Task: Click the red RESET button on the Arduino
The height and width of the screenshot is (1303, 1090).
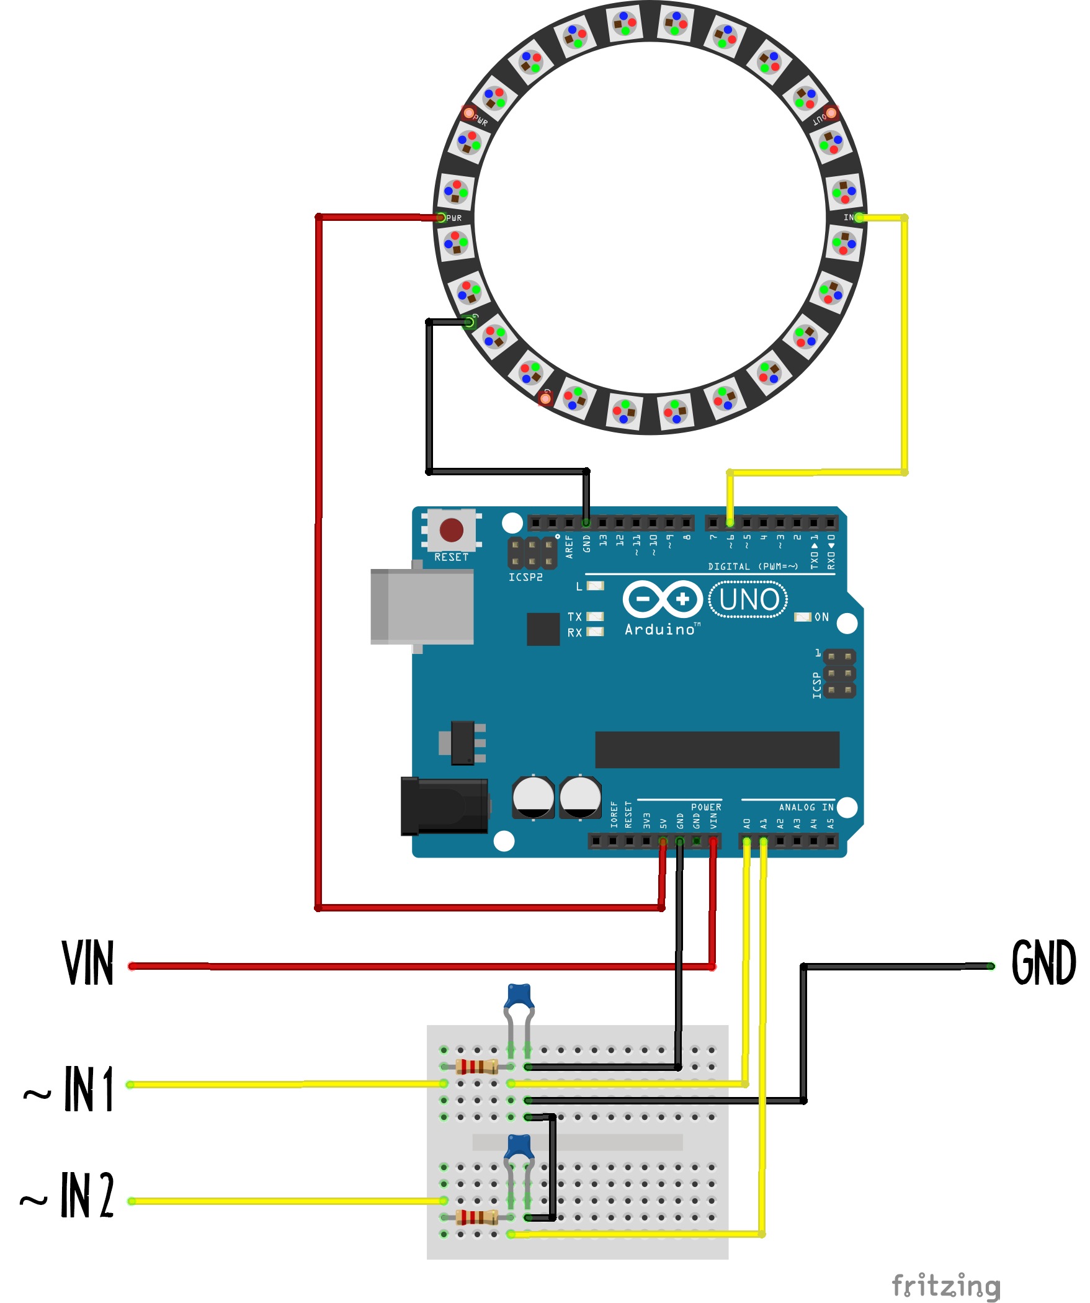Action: pos(451,531)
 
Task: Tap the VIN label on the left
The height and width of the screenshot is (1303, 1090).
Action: pos(88,963)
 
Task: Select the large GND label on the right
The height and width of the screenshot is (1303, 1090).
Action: pos(1043,963)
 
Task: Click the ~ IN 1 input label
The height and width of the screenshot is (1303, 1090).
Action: pos(69,1090)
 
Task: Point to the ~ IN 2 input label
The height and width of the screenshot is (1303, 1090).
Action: pos(68,1196)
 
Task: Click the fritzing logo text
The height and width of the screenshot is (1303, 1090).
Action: pos(945,1286)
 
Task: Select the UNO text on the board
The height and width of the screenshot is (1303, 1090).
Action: pos(749,600)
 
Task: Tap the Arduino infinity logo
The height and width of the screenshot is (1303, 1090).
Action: pos(663,599)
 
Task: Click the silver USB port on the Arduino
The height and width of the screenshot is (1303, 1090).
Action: pos(422,607)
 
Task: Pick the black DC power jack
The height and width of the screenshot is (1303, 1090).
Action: pos(444,806)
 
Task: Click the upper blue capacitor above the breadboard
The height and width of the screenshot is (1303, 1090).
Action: pos(519,996)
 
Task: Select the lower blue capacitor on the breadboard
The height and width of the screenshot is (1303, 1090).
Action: pos(519,1147)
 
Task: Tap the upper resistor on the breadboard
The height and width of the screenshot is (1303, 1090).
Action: pos(476,1067)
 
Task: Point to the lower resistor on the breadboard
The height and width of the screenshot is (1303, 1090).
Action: pos(476,1217)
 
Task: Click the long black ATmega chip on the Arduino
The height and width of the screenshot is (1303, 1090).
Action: pos(717,750)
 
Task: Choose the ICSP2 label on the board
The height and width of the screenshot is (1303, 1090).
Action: pos(525,578)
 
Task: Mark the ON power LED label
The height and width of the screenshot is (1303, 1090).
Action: pos(821,617)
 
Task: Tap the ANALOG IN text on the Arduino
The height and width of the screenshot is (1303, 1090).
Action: pos(806,807)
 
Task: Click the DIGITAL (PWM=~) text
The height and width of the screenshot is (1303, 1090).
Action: pos(753,566)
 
